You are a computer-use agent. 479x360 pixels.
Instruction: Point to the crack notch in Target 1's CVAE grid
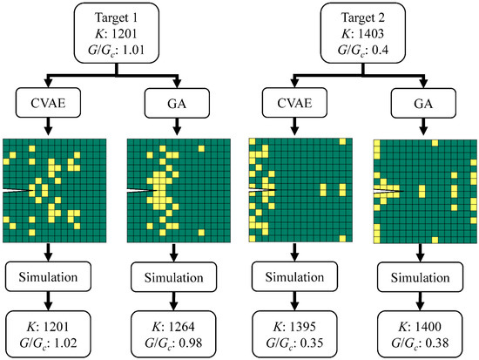tap(17, 189)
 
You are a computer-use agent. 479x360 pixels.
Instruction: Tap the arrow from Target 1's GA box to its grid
tap(165, 129)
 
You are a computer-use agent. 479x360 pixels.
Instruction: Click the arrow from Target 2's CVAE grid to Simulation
tap(287, 253)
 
